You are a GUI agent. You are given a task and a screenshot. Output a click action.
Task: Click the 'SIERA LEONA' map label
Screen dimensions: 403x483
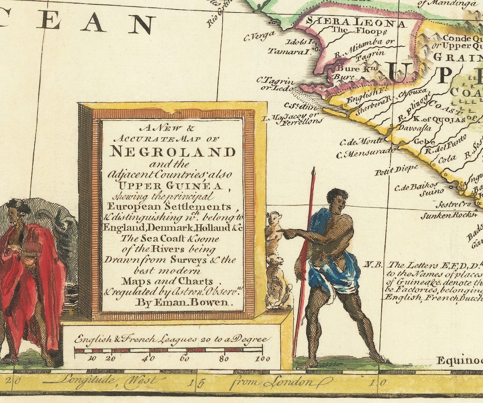356,22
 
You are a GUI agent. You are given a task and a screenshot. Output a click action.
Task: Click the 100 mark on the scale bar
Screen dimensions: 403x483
262,359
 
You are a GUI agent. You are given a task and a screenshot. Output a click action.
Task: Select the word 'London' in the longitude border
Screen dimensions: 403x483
292,383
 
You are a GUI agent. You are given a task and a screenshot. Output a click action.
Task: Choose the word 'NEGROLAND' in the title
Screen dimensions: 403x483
172,151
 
